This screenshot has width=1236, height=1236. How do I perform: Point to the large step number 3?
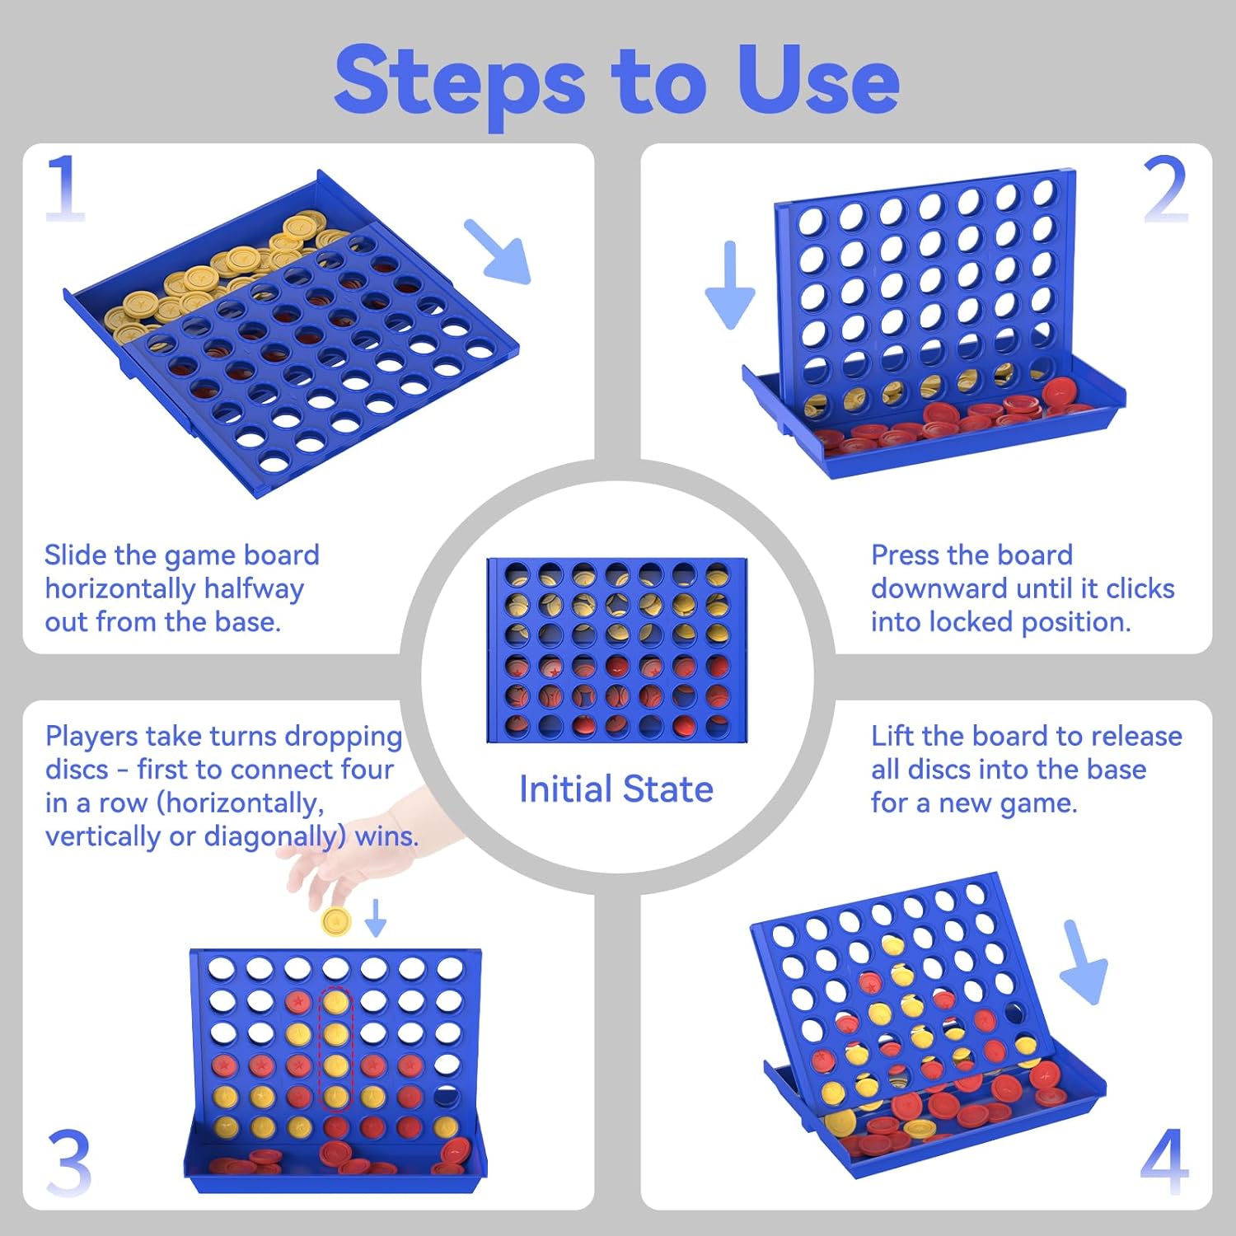[69, 1162]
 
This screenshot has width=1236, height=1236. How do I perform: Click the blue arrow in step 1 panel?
[499, 252]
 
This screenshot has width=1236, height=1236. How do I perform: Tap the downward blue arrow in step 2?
[730, 285]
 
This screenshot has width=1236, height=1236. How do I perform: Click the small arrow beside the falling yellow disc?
[376, 918]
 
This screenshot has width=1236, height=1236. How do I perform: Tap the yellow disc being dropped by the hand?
[336, 920]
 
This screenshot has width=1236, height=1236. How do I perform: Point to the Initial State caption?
[616, 789]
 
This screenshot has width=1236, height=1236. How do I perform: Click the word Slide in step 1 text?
[76, 555]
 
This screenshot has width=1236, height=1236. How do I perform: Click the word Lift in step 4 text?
[892, 736]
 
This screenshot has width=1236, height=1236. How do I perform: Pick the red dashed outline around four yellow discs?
[335, 1048]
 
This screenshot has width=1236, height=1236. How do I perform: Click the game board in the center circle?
[616, 650]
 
